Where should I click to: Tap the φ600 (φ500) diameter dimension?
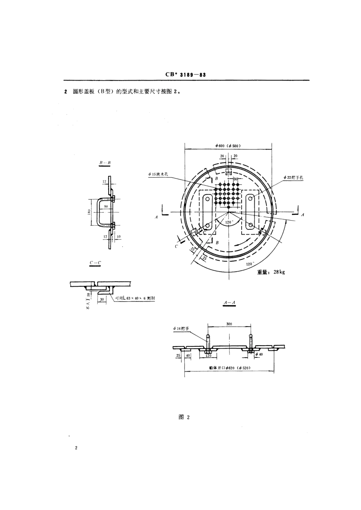[x=228, y=146]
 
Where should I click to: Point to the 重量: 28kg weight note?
[x=271, y=272]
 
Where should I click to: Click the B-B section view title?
[x=105, y=163]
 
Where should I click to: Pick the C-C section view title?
[x=95, y=263]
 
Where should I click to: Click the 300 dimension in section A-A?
[x=229, y=324]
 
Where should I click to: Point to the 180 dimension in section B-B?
[x=88, y=213]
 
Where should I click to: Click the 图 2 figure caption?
[x=184, y=417]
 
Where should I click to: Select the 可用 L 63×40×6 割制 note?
[x=135, y=298]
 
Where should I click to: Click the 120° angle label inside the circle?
[x=228, y=222]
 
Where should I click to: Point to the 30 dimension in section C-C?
[x=101, y=299]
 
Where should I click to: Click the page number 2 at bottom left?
[x=76, y=448]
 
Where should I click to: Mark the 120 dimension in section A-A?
[x=208, y=356]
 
